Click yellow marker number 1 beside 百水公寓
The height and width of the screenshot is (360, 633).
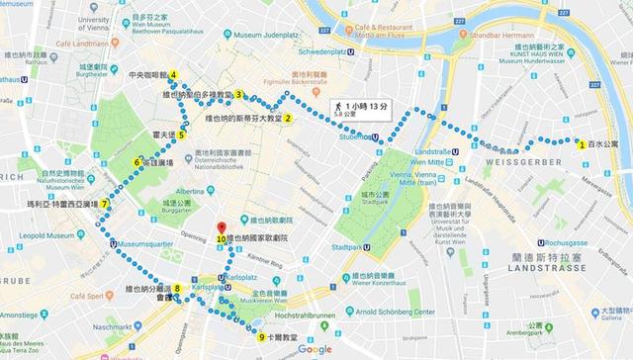tap(582, 143)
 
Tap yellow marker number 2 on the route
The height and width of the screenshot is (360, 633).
tap(289, 119)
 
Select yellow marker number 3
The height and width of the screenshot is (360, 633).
tap(238, 95)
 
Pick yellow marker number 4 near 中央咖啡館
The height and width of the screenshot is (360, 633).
tap(173, 75)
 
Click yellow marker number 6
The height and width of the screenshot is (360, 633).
tap(137, 163)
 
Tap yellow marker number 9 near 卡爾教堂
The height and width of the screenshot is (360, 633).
tap(261, 337)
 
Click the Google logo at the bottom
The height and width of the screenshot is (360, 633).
tap(315, 349)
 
